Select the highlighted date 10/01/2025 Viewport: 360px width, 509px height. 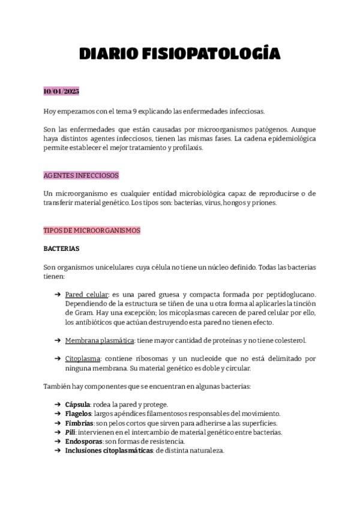[61, 92]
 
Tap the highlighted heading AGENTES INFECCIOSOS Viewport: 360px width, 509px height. [81, 175]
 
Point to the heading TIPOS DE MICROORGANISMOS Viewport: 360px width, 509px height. [92, 230]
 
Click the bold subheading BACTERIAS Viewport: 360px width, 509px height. [61, 248]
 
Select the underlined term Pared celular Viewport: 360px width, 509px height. [86, 295]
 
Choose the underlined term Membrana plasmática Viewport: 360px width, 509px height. [100, 340]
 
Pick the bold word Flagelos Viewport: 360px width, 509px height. [78, 414]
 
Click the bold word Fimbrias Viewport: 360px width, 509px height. [79, 423]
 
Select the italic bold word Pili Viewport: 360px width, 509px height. [70, 432]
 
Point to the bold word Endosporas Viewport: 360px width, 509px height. [82, 441]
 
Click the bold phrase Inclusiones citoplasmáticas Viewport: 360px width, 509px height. [109, 451]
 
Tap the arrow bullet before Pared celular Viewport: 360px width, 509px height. [57, 295]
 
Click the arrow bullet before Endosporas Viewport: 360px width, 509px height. [57, 441]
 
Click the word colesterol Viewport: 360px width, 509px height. [286, 340]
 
